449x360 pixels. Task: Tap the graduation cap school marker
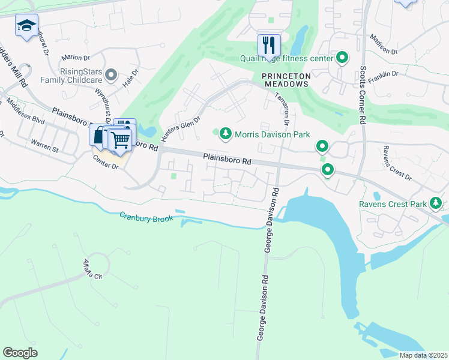26,26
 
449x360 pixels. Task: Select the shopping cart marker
121,140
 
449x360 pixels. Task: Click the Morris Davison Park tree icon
225,133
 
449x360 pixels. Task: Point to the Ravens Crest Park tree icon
435,204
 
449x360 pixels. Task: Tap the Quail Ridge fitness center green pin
342,58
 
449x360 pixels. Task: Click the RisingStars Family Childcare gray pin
110,75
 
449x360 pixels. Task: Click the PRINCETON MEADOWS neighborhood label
286,80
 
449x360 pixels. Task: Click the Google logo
20,352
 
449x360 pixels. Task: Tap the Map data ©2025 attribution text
422,355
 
